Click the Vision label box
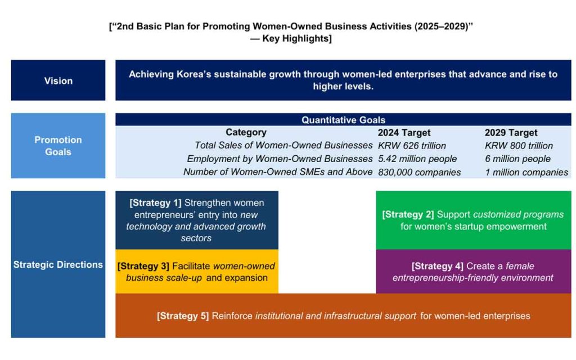(x=58, y=80)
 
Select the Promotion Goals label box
(x=58, y=146)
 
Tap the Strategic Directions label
(x=58, y=264)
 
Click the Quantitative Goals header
(x=343, y=120)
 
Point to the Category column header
(x=246, y=132)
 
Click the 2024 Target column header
(x=404, y=133)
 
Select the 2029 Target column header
(x=511, y=133)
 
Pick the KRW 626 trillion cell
(x=412, y=146)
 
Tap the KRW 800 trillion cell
(x=519, y=146)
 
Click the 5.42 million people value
(x=417, y=159)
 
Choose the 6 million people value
(x=517, y=159)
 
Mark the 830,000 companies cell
(x=419, y=172)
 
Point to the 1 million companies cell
(x=526, y=172)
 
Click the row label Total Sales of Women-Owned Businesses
(x=283, y=146)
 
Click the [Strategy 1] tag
(x=155, y=202)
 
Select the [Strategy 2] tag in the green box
(x=408, y=214)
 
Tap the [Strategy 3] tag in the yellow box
(x=143, y=266)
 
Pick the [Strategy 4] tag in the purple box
(x=437, y=266)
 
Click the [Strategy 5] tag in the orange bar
(x=183, y=316)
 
